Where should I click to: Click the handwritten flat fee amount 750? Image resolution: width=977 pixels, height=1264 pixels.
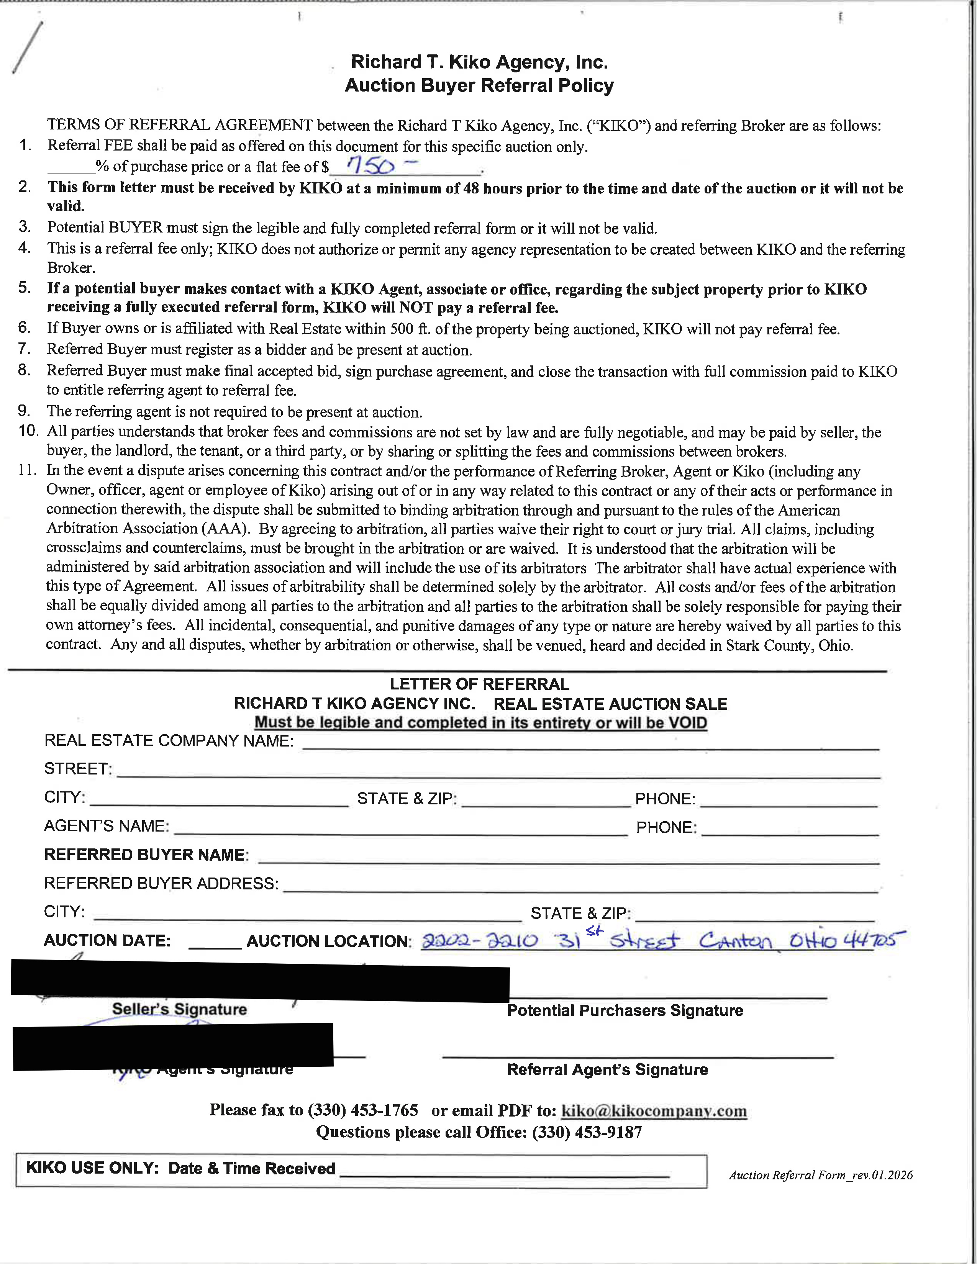pyautogui.click(x=372, y=166)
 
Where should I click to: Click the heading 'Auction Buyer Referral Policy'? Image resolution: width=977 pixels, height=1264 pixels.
pyautogui.click(x=479, y=86)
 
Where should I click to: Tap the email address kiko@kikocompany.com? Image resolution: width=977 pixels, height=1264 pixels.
pyautogui.click(x=654, y=1111)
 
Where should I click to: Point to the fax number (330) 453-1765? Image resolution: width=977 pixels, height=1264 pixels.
pyautogui.click(x=362, y=1110)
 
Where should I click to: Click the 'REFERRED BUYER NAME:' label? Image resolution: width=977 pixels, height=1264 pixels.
pyautogui.click(x=146, y=855)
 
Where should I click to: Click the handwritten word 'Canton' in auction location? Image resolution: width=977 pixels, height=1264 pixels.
pyautogui.click(x=736, y=940)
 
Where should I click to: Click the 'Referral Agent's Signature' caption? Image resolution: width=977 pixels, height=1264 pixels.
pyautogui.click(x=607, y=1069)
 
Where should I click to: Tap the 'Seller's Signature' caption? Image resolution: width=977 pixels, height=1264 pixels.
pyautogui.click(x=179, y=1009)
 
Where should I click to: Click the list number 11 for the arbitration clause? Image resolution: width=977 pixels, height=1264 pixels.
pyautogui.click(x=27, y=470)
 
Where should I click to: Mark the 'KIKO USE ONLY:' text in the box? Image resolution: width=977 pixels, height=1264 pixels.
pyautogui.click(x=92, y=1168)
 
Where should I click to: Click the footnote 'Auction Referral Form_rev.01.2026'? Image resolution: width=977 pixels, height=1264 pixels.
pyautogui.click(x=821, y=1174)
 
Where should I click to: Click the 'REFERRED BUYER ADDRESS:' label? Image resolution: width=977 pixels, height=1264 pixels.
pyautogui.click(x=161, y=883)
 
